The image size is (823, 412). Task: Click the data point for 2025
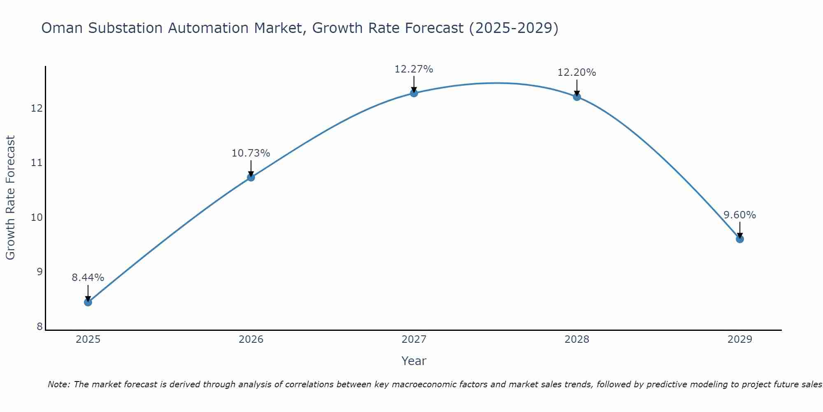[88, 302]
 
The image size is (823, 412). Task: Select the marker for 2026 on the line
[251, 177]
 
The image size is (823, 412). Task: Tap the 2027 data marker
[414, 93]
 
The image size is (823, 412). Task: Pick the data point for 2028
[577, 97]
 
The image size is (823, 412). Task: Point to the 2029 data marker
[739, 239]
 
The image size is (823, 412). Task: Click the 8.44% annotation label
[88, 278]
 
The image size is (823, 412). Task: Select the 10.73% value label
[251, 153]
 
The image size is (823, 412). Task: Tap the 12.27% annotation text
[414, 69]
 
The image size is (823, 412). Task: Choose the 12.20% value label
[577, 73]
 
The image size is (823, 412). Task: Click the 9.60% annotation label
[739, 215]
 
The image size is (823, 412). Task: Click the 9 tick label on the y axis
[40, 272]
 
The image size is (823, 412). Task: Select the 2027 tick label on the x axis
[414, 339]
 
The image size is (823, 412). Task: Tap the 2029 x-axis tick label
[739, 339]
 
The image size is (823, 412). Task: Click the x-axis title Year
[414, 361]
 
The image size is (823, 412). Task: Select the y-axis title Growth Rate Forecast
[11, 198]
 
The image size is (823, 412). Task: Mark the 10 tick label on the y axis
[37, 218]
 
